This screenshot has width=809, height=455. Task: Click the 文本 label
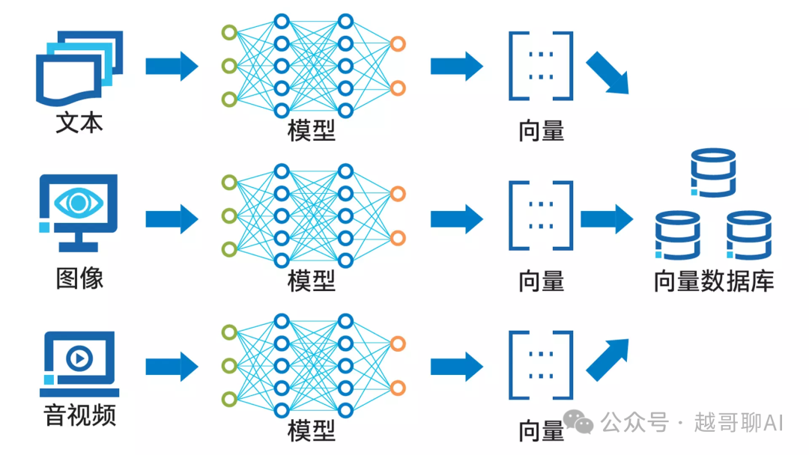pyautogui.click(x=79, y=123)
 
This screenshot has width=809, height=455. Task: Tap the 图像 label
pyautogui.click(x=79, y=278)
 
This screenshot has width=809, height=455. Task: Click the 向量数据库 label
pyautogui.click(x=713, y=281)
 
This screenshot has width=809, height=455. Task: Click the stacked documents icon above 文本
pyautogui.click(x=79, y=67)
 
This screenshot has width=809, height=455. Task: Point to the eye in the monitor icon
pyautogui.click(x=79, y=202)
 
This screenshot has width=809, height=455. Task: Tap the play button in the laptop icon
pyautogui.click(x=79, y=359)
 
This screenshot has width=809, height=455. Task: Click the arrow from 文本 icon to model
pyautogui.click(x=172, y=66)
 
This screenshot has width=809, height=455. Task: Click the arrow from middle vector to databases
pyautogui.click(x=607, y=219)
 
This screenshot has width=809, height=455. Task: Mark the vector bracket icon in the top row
pyautogui.click(x=541, y=66)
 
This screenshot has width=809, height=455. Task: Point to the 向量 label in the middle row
pyautogui.click(x=541, y=281)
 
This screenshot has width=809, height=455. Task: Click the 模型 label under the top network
pyautogui.click(x=312, y=131)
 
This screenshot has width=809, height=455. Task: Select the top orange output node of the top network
pyautogui.click(x=398, y=44)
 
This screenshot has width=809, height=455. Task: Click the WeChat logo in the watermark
pyautogui.click(x=578, y=423)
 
